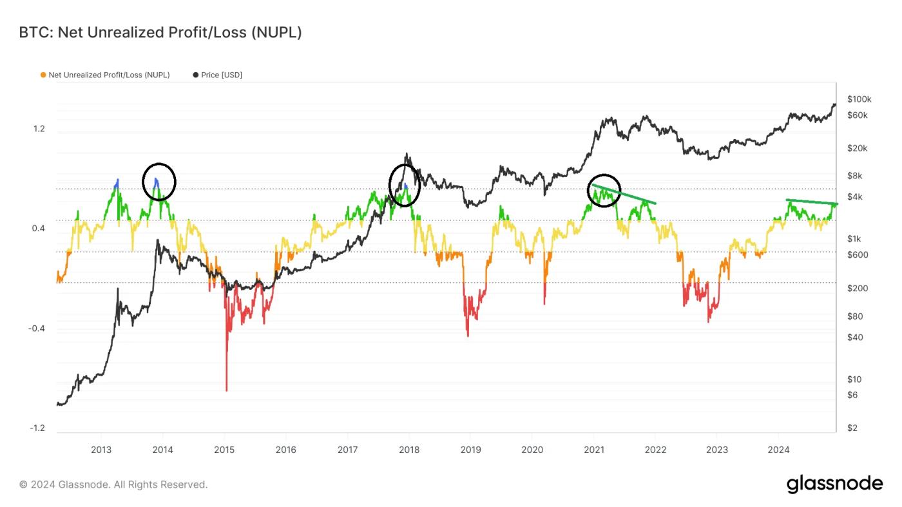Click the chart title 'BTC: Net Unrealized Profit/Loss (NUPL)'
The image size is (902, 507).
pyautogui.click(x=160, y=32)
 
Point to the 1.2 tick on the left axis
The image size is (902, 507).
pyautogui.click(x=39, y=129)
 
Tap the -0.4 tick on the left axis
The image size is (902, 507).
pyautogui.click(x=37, y=329)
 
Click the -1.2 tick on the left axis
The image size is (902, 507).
pyautogui.click(x=37, y=428)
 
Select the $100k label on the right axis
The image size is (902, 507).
pyautogui.click(x=859, y=99)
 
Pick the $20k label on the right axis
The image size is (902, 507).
pyautogui.click(x=857, y=148)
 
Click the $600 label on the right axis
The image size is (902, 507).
pyautogui.click(x=858, y=254)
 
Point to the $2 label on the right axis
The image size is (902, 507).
pyautogui.click(x=852, y=428)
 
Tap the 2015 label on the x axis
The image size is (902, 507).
pyautogui.click(x=224, y=450)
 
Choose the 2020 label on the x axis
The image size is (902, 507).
pyautogui.click(x=532, y=450)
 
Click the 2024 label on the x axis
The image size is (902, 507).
pyautogui.click(x=778, y=450)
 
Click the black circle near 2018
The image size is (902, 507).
pyautogui.click(x=405, y=185)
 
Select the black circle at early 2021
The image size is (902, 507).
pyautogui.click(x=604, y=191)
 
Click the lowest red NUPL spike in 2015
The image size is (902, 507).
pyautogui.click(x=226, y=388)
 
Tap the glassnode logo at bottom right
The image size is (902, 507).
pyautogui.click(x=834, y=484)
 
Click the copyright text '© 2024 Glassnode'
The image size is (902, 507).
pyautogui.click(x=113, y=484)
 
